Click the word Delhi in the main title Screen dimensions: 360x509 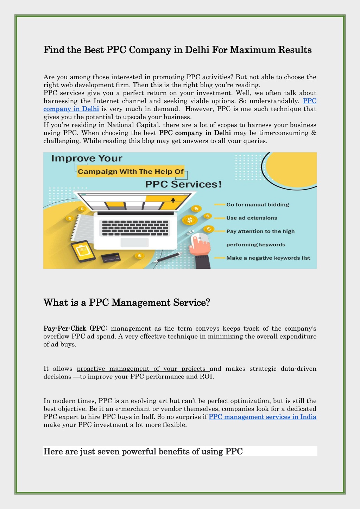click(197, 50)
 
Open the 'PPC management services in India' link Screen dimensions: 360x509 click(263, 417)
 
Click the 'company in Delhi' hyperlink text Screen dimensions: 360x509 click(71, 109)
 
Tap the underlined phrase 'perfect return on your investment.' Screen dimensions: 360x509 click(178, 93)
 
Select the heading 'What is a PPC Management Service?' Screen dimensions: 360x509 click(127, 303)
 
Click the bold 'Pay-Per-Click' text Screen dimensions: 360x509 click(65, 328)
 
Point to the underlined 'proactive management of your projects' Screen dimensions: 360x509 click(141, 369)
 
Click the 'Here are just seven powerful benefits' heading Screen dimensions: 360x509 click(143, 451)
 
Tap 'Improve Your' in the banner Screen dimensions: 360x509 click(87, 158)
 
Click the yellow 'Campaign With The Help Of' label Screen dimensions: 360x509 click(131, 171)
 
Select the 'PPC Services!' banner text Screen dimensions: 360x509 click(183, 184)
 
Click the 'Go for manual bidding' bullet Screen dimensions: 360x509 click(258, 204)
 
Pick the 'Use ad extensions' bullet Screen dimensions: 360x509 click(252, 218)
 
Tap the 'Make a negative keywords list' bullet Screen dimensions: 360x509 click(268, 258)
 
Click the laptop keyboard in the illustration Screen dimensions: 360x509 click(135, 228)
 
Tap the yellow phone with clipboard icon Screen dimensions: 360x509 click(83, 251)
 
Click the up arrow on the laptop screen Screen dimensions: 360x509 click(173, 200)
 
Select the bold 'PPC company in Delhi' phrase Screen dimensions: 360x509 click(195, 133)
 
